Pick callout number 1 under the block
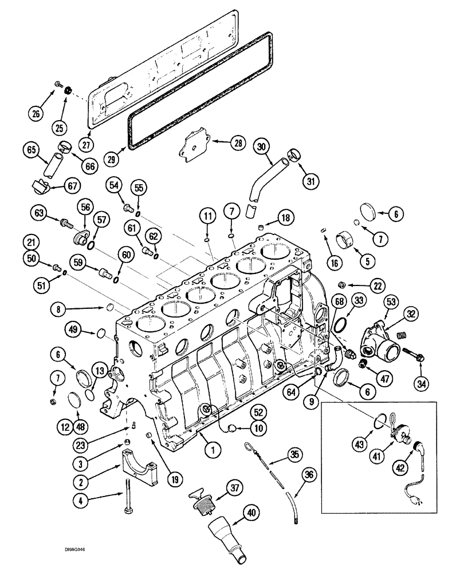point(211,450)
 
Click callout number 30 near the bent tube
point(261,148)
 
